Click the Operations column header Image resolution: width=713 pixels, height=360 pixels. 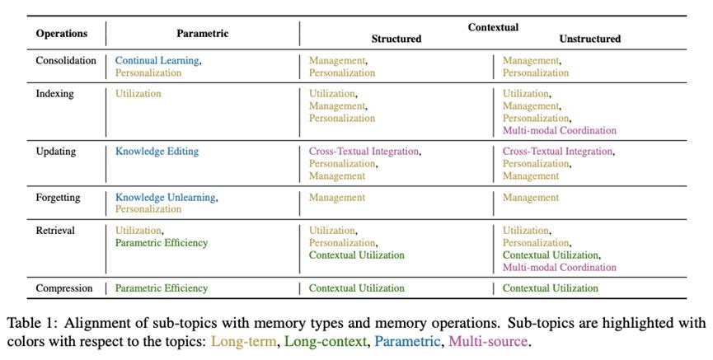point(61,34)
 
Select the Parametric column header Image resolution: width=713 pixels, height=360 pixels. point(202,33)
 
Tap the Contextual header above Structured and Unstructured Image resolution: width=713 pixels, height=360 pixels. point(493,27)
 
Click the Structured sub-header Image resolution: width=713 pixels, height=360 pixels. point(396,39)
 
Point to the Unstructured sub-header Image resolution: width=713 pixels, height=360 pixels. point(590,39)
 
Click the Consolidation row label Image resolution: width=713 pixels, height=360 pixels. point(66,60)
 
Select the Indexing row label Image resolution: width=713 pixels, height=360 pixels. point(54,94)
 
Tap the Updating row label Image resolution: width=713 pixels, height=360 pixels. point(56,152)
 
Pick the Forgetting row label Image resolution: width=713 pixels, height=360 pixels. point(58,198)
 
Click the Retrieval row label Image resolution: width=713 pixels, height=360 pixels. point(55,231)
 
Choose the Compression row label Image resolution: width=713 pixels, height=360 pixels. point(64,288)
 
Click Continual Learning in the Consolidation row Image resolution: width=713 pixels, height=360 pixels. point(157,61)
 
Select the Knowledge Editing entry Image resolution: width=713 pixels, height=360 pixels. point(157,152)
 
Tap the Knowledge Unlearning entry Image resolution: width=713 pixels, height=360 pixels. point(165,198)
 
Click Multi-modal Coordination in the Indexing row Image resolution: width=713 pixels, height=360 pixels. point(560,130)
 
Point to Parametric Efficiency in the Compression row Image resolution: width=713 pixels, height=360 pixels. point(162,288)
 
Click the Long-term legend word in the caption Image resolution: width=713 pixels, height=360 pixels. point(244,341)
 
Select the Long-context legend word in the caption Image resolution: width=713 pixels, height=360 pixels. point(325,341)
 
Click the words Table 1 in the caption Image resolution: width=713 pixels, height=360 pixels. point(33,323)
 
